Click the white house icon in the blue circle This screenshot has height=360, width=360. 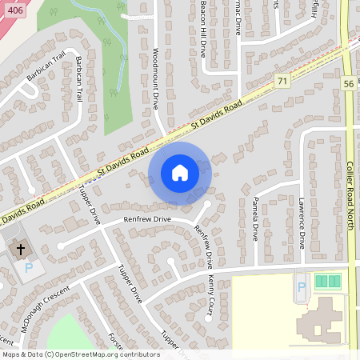click(x=180, y=173)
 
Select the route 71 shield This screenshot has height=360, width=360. click(x=281, y=81)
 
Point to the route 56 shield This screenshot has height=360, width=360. click(x=348, y=82)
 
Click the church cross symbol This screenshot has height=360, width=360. click(x=19, y=250)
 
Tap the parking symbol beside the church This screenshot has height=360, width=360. click(x=29, y=268)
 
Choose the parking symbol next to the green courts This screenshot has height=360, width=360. click(x=302, y=286)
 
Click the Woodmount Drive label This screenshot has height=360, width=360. click(x=155, y=77)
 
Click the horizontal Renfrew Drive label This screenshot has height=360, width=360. click(x=147, y=218)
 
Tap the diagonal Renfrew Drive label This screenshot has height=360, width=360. click(x=204, y=246)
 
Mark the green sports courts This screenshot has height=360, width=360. click(x=327, y=281)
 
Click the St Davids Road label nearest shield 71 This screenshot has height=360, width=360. click(x=218, y=118)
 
